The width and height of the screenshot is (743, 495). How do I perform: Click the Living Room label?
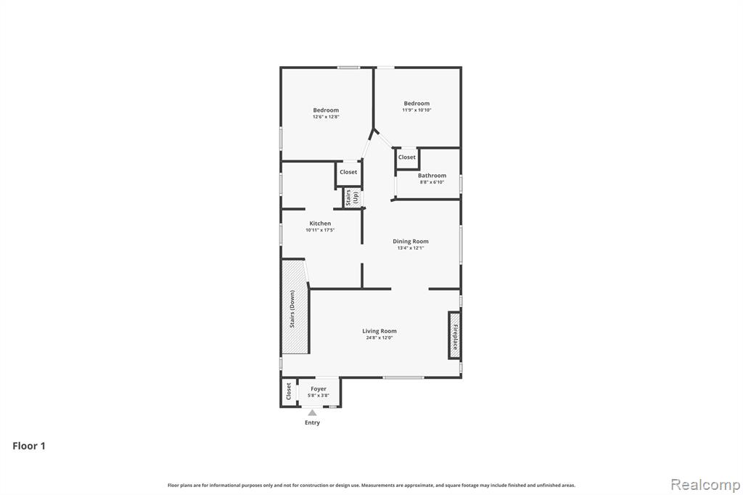coord(379,331)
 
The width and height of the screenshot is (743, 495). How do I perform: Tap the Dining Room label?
coord(411,242)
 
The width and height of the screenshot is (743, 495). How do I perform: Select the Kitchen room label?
coord(320,224)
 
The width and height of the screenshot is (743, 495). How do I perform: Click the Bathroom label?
coord(432,176)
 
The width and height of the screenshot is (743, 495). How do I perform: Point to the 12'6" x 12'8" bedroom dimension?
coord(326,117)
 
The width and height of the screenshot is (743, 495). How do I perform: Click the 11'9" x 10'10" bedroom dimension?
coord(417,110)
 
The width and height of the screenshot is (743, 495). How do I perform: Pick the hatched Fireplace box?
coord(454,335)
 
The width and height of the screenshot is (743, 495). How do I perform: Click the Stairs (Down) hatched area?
coord(295,307)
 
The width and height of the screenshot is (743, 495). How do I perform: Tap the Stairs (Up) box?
coord(352,197)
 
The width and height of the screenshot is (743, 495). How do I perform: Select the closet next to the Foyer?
coord(289,392)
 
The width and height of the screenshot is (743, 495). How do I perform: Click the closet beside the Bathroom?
coord(407,157)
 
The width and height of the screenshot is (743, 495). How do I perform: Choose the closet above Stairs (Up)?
coord(348,173)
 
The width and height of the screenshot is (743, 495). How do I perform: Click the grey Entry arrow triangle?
coord(312,412)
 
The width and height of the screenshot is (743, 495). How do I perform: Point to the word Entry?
coord(312,422)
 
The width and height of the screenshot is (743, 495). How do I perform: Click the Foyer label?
coord(319,389)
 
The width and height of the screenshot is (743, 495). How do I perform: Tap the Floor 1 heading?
coord(29,446)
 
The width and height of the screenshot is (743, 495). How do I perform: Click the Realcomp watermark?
coord(705,485)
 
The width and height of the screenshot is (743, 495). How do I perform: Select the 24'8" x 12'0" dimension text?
coord(379,338)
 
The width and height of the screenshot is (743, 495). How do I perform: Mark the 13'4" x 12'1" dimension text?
coord(411,248)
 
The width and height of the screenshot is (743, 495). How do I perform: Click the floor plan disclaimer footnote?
coord(371,485)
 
